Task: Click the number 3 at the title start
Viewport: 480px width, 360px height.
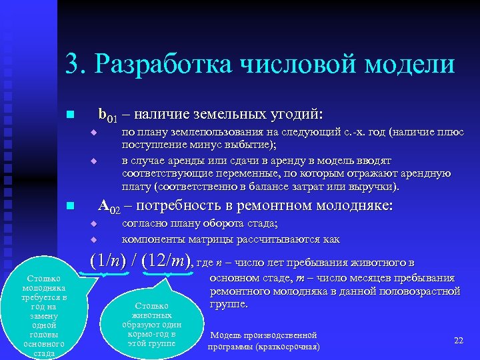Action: click(71, 65)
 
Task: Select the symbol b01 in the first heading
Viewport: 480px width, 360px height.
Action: click(107, 115)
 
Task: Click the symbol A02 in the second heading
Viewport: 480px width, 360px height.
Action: click(109, 206)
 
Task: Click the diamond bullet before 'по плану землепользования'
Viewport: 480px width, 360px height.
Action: click(94, 133)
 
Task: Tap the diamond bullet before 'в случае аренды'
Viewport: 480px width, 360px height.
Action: click(94, 161)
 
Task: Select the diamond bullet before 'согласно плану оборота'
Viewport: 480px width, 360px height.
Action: click(94, 224)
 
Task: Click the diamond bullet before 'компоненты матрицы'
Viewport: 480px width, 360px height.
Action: click(94, 239)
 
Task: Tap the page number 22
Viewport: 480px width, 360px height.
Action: click(458, 341)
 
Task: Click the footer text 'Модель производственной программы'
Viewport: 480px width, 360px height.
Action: click(263, 341)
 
